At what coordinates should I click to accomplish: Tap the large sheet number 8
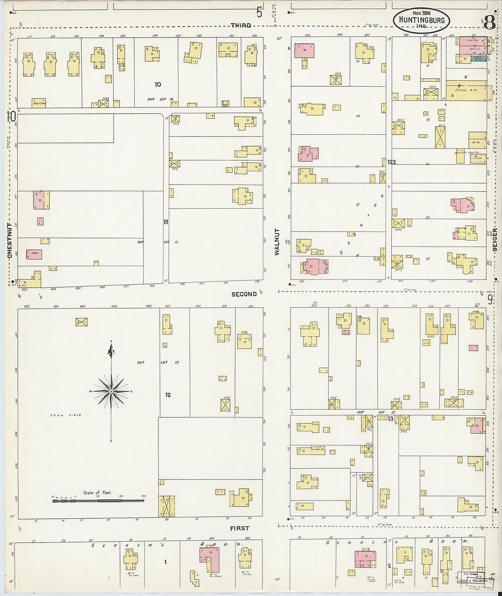pos(490,21)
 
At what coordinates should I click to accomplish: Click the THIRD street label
pos(241,26)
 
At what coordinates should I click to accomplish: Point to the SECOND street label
pos(244,294)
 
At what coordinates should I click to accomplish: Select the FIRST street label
pos(240,528)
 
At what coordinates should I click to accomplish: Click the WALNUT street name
pos(277,242)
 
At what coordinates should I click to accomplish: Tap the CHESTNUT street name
pos(10,241)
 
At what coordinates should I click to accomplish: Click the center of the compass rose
pos(111,392)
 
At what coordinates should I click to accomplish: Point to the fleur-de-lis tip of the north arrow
pos(111,351)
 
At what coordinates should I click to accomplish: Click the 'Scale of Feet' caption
pos(97,493)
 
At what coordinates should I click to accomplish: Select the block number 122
pos(391,162)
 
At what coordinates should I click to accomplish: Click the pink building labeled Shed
pos(34,254)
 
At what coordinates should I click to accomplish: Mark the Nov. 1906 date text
pos(421,13)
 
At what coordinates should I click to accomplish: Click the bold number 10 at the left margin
pos(11,117)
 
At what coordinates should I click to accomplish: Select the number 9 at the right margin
pos(490,300)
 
